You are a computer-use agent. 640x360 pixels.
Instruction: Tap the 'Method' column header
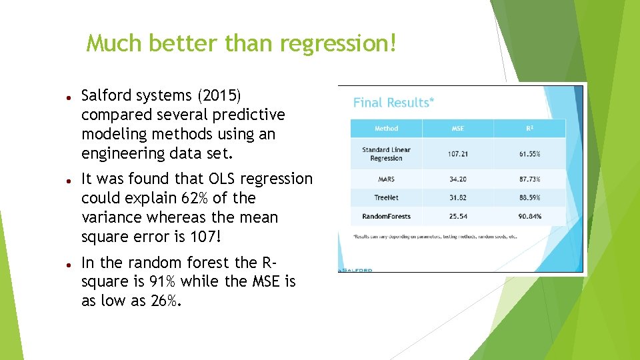pos(386,129)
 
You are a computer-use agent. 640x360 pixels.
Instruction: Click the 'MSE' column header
pos(458,129)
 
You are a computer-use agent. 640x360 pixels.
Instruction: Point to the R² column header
pos(530,129)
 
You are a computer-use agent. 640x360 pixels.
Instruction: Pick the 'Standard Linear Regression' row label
pos(386,154)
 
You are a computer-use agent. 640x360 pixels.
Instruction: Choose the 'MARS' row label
pos(386,179)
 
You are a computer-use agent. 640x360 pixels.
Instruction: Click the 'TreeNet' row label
pos(386,198)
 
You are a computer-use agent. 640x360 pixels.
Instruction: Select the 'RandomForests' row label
pos(386,216)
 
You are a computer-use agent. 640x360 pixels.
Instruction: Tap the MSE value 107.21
pos(458,154)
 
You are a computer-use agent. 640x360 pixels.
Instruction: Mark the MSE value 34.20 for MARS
pos(458,179)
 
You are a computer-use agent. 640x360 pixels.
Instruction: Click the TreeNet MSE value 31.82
pos(458,198)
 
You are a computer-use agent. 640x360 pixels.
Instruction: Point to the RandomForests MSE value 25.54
pos(458,216)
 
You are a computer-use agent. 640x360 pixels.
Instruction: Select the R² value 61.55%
pos(530,154)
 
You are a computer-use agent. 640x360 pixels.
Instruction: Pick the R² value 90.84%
pos(530,216)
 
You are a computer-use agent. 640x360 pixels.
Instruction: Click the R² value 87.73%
pos(530,179)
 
